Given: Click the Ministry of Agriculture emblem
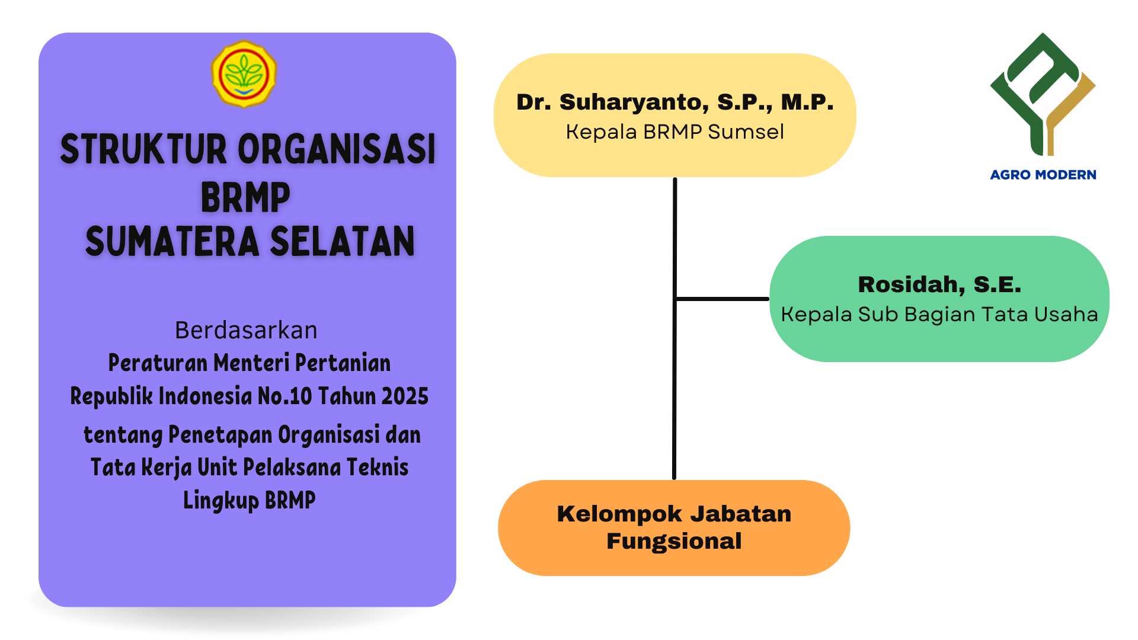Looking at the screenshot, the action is point(244,74).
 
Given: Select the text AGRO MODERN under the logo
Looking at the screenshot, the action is point(1043,175).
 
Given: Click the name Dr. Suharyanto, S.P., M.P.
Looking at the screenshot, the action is point(675,102).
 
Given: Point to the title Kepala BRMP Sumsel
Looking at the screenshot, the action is point(675,132).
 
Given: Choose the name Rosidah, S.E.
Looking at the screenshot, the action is point(940,284).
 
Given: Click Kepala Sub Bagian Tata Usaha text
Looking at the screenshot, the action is point(939,314).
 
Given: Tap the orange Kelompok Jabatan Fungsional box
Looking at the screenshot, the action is point(674,527).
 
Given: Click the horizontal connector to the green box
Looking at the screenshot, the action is point(723,299).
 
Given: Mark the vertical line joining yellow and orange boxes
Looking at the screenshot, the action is point(675,328).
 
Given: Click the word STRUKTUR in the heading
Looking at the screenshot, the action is point(143,149).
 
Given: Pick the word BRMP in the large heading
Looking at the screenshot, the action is point(245,197).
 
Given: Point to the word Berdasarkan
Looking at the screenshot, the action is point(246,330).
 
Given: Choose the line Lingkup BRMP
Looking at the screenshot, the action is point(249,500).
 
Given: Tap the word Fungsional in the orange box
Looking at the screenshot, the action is point(674,541).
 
